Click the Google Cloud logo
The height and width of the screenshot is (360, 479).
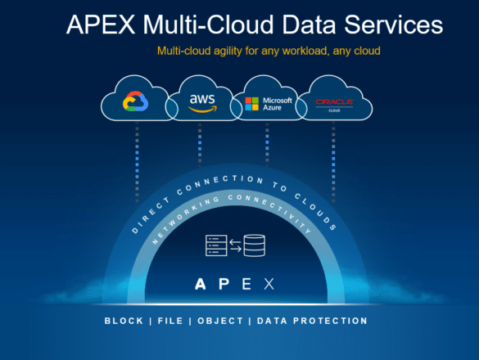coord(136,101)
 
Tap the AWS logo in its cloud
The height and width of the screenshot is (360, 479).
coord(202,103)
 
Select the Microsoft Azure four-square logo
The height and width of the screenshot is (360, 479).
coord(252,104)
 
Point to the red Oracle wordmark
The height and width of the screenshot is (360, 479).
coord(334,101)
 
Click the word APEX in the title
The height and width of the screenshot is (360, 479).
coord(101,25)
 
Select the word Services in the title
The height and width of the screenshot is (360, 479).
coord(394,25)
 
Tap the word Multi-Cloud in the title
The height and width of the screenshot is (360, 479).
coord(208,25)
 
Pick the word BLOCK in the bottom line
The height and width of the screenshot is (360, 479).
coord(124,321)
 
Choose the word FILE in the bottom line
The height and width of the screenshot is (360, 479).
coord(170,321)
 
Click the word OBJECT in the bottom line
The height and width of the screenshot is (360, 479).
coord(220,321)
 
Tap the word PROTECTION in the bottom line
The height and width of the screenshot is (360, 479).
coord(330,321)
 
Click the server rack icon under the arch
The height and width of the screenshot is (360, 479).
coord(216,245)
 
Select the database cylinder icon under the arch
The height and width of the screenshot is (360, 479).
coord(254,245)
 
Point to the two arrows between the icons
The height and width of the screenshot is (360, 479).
coord(235,245)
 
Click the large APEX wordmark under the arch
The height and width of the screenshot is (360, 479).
coord(235,284)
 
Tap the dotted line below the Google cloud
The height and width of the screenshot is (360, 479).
coord(137,162)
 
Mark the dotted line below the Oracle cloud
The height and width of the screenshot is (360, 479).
coord(333,162)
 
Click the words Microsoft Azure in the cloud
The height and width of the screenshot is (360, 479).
coord(278,104)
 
